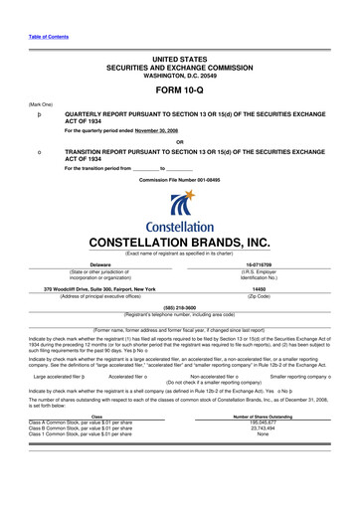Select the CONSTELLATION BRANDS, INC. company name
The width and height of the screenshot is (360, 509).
[179, 214]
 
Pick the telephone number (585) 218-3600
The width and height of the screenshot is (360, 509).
[179, 280]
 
